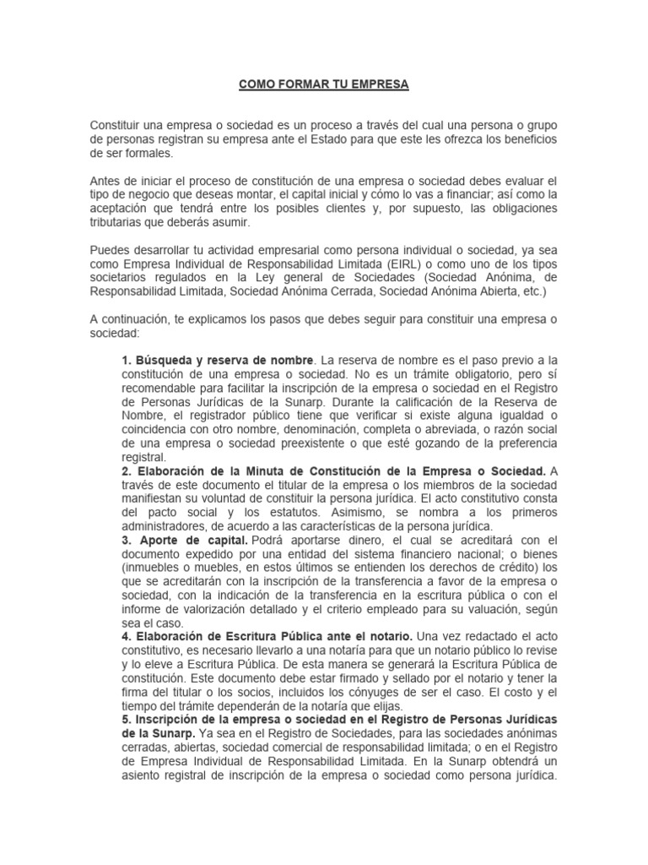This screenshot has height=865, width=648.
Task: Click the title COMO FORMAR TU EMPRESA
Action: click(323, 85)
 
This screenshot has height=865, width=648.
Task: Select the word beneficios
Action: click(530, 139)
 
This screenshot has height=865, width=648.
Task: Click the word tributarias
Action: click(119, 222)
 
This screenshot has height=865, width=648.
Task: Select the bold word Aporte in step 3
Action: click(157, 540)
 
